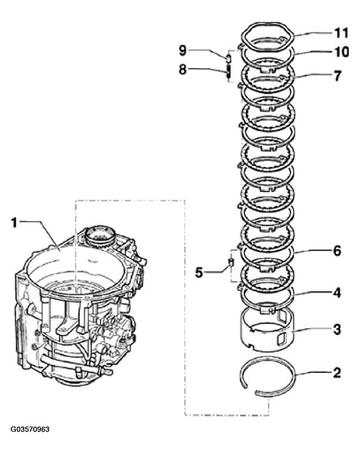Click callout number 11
pos(341,33)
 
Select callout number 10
pos(341,52)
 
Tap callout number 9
pos(183,51)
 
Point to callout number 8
pos(183,69)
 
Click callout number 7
pos(338,76)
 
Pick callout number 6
pos(338,251)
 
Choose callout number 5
pos(199,272)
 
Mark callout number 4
pos(337,293)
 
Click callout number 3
pos(337,329)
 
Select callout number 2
pos(337,373)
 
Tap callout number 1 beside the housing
pos(14,223)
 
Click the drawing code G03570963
pos(30,429)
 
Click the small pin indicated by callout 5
pos(231,261)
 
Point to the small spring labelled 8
pos(228,71)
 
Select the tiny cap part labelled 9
pos(228,58)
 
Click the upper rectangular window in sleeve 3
pos(281,316)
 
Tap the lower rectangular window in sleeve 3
pos(281,339)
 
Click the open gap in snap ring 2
pos(250,390)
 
